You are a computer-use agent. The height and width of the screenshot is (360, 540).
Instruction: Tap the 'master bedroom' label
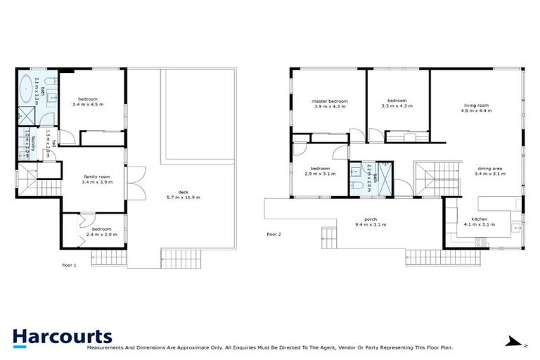tap(330, 101)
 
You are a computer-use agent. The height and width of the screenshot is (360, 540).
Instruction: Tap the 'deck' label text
tap(183, 192)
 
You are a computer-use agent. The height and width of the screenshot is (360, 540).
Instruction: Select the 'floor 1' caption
tap(69, 265)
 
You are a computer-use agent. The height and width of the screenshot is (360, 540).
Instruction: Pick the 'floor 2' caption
tap(274, 233)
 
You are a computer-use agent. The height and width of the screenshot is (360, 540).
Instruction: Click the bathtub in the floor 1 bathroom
tap(27, 88)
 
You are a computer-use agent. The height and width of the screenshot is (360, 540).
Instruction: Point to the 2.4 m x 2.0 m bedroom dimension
tap(102, 234)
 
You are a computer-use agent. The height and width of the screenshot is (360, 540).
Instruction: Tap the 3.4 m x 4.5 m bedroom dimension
tap(88, 105)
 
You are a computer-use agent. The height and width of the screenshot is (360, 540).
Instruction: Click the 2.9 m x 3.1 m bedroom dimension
tap(320, 174)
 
